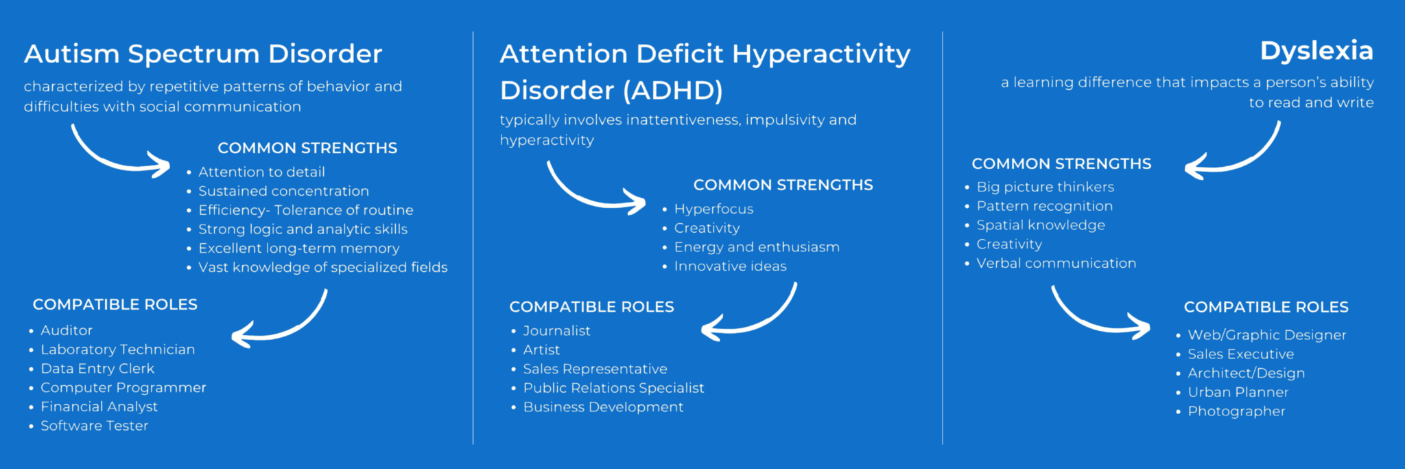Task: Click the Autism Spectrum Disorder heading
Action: tap(203, 54)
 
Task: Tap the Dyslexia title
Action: tap(1317, 51)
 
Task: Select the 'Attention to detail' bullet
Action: tap(261, 172)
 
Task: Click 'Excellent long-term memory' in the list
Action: tap(298, 248)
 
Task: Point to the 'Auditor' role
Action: tap(67, 330)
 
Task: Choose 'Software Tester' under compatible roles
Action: tap(94, 426)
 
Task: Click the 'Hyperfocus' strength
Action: tap(713, 209)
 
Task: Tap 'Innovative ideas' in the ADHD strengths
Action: tap(730, 266)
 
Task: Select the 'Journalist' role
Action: tap(556, 330)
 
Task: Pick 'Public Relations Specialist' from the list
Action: tap(613, 388)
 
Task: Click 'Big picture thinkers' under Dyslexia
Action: tap(1045, 187)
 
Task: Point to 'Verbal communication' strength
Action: tap(1056, 263)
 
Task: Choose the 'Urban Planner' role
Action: tap(1238, 392)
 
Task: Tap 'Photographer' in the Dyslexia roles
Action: tap(1236, 411)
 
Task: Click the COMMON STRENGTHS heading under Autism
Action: tap(307, 148)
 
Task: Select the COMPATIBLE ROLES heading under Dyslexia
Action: tap(1266, 307)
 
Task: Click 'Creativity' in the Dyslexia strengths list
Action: tap(1008, 244)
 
